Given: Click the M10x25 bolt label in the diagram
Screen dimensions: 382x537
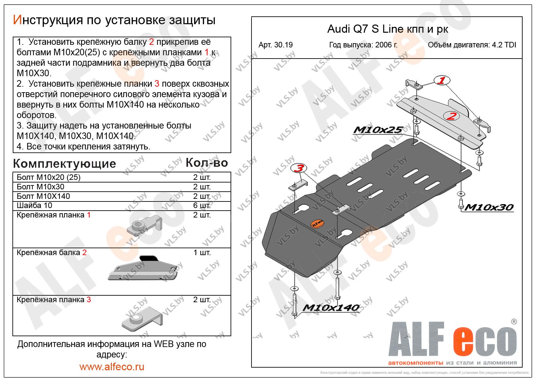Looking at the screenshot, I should (x=377, y=130).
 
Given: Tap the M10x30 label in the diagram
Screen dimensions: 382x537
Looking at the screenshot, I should (x=489, y=207).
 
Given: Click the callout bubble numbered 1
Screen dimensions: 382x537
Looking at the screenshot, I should (x=442, y=80).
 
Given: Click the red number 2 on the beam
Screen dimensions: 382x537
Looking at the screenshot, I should (x=451, y=116).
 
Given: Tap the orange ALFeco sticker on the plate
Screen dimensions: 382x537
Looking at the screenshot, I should (x=316, y=223).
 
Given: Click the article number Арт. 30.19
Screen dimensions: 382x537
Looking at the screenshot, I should (x=275, y=45).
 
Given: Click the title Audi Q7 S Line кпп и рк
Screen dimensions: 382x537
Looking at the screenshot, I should (x=388, y=29).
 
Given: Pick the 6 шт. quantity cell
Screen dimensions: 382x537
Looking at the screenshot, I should (x=202, y=205).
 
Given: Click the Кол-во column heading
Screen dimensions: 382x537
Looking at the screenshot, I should (x=207, y=163).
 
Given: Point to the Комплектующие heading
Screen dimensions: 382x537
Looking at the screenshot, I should (x=64, y=164).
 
